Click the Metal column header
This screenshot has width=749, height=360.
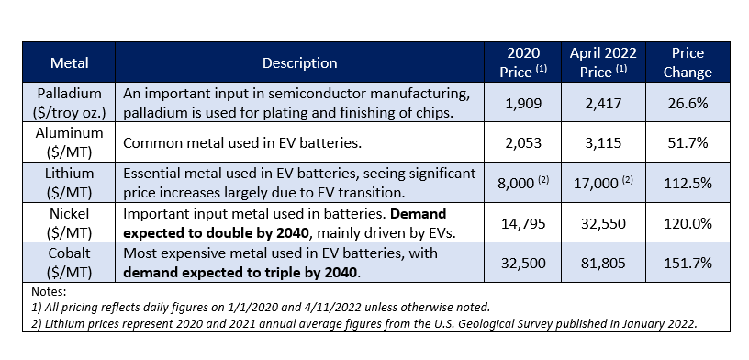point(69,62)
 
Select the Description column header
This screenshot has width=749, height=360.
point(299,62)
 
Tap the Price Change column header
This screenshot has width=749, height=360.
point(688,62)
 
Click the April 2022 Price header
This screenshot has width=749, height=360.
point(603,62)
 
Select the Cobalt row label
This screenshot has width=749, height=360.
point(69,263)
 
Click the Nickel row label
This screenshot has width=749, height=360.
point(69,222)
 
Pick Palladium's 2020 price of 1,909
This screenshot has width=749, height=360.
point(523,103)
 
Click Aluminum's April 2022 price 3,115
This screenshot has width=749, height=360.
point(603,143)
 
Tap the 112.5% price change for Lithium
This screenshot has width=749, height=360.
point(688,184)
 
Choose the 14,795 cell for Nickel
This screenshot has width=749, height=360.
point(523,223)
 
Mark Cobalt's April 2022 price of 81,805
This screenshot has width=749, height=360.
point(603,264)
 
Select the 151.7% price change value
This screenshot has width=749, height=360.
point(688,264)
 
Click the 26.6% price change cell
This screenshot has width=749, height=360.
point(688,103)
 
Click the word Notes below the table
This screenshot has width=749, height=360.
point(49,292)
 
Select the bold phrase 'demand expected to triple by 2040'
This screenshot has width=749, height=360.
point(240,273)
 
